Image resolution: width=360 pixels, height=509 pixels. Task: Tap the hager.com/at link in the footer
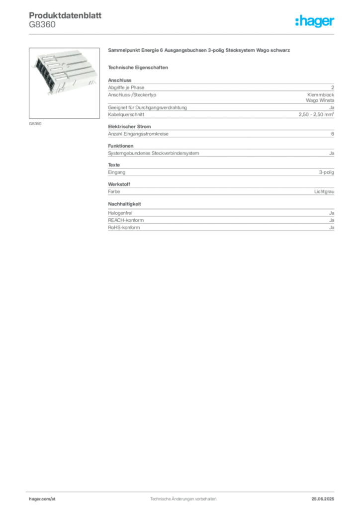point(42,498)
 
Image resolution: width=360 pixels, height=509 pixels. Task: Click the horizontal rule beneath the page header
point(182,33)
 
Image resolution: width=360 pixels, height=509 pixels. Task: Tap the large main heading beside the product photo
point(200,51)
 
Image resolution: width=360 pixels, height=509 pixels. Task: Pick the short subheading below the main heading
point(139,67)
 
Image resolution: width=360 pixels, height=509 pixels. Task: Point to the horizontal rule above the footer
point(182,491)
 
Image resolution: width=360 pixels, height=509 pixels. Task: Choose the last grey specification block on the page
point(220,223)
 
